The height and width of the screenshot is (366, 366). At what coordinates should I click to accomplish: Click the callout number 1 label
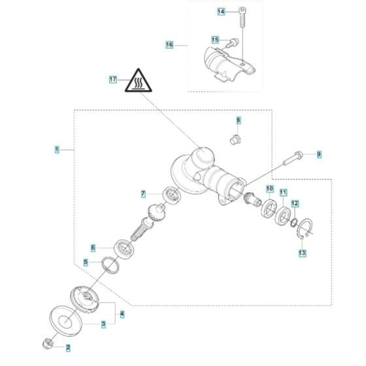(x=56, y=150)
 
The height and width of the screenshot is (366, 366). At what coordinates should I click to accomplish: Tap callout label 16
(x=169, y=44)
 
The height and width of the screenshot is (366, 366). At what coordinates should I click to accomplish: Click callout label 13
(x=302, y=252)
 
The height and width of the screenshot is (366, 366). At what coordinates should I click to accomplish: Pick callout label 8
(x=239, y=120)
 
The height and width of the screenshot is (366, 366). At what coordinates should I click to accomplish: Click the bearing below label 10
(x=268, y=209)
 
